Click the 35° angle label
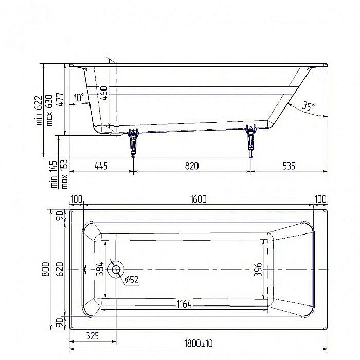(x=308, y=106)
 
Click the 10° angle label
(x=78, y=97)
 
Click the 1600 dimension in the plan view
(x=197, y=200)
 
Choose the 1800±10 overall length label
(x=197, y=350)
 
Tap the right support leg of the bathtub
(x=251, y=140)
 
